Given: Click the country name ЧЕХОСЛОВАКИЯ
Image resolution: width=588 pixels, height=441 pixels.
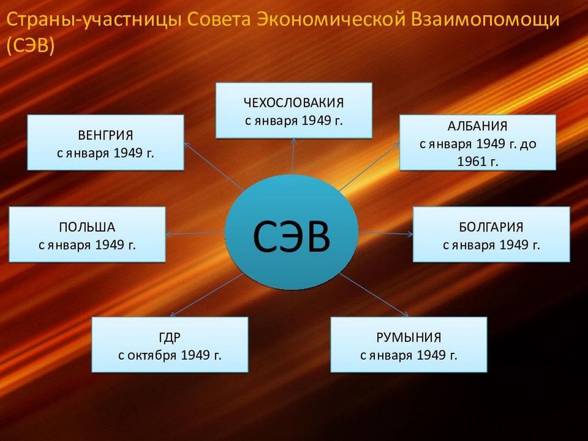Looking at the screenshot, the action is [x=294, y=103].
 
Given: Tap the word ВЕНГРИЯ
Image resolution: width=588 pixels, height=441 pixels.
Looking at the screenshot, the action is [x=105, y=135].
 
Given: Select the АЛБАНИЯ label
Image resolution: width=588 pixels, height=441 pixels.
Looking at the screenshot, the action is [x=477, y=126].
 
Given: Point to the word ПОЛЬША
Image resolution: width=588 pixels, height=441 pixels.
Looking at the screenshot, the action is [x=87, y=227].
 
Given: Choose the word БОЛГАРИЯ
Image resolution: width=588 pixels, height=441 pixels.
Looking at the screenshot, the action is [x=491, y=227].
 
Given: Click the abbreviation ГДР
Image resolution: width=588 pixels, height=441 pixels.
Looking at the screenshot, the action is [x=170, y=338].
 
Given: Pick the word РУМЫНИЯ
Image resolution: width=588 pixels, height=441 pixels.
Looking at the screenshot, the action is [x=409, y=338].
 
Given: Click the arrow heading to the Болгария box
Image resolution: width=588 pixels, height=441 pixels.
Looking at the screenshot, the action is [x=386, y=233].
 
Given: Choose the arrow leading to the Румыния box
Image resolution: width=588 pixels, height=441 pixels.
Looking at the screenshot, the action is [x=373, y=295].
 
